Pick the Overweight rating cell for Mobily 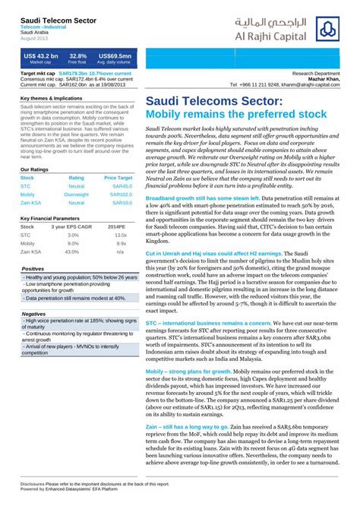tap(77, 194)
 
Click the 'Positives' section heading tap(33, 269)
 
